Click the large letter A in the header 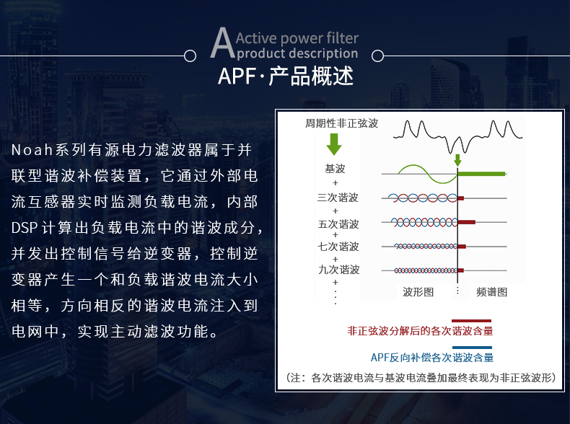click(x=222, y=43)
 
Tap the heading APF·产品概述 click(x=286, y=76)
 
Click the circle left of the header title click(x=190, y=56)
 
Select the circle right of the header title click(x=377, y=56)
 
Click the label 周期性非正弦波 click(x=341, y=123)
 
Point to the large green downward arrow click(x=334, y=144)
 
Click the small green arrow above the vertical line click(x=457, y=160)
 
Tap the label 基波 click(x=335, y=169)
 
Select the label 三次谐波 click(x=338, y=198)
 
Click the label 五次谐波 click(x=338, y=224)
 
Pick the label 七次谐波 click(x=338, y=247)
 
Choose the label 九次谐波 click(x=339, y=270)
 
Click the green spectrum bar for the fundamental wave click(x=481, y=174)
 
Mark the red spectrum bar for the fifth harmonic click(x=467, y=222)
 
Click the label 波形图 click(x=418, y=292)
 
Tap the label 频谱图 click(x=491, y=292)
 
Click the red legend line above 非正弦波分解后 click(x=471, y=321)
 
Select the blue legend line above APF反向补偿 click(x=472, y=348)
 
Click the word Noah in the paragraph click(x=32, y=150)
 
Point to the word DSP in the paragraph click(x=25, y=228)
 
